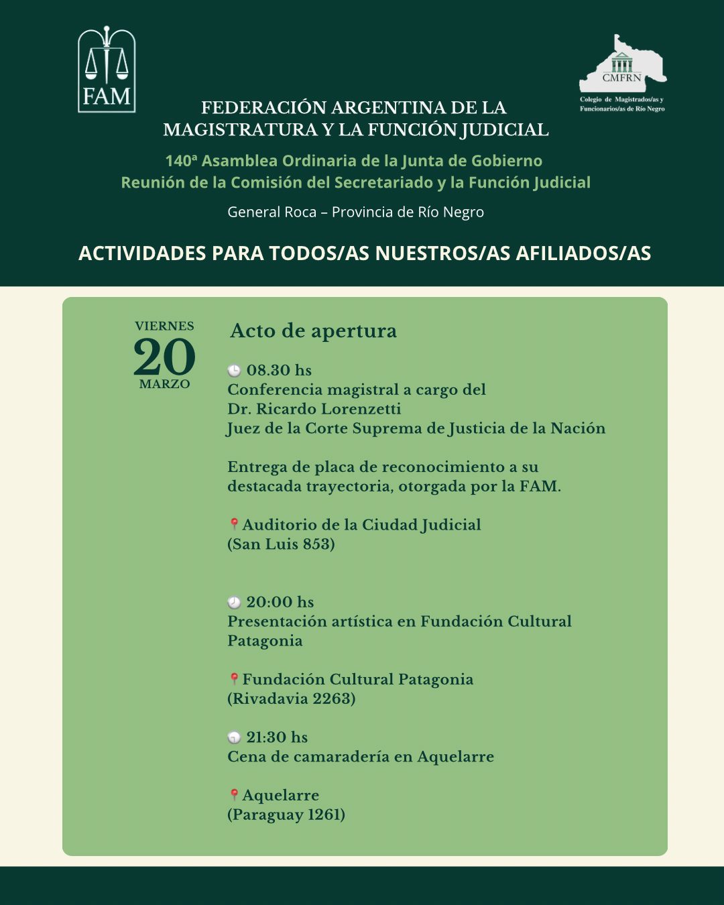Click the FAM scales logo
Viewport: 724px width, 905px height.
107,70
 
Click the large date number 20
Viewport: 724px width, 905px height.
164,357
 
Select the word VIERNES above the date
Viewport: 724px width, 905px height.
164,326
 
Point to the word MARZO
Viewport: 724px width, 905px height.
164,384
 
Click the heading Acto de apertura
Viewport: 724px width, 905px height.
313,331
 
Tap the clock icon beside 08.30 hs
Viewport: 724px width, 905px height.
234,371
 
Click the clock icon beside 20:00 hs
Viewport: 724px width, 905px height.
234,603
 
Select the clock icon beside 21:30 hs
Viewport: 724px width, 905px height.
234,738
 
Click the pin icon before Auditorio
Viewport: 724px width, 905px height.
234,524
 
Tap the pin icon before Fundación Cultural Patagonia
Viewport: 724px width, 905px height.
234,679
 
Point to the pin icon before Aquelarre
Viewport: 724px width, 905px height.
234,795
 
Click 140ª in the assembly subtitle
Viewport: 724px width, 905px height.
181,161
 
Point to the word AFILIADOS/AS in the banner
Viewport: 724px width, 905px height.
583,253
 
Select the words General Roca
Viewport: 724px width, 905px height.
271,213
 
